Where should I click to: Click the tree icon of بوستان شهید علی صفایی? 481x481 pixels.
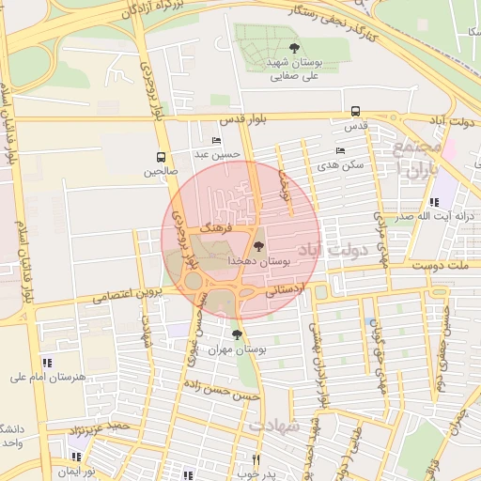pos(294,47)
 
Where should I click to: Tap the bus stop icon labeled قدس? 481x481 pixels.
pos(355,111)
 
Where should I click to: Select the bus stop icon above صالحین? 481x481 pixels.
pos(161,157)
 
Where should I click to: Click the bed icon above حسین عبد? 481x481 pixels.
pos(217,140)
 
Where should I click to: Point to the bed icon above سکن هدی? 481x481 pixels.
pos(340,150)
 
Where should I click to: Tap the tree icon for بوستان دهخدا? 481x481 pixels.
pos(259,246)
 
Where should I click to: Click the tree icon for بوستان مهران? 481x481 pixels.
pos(236,334)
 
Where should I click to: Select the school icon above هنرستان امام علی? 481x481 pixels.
pos(47,363)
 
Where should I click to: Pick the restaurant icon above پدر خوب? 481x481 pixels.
pos(256,459)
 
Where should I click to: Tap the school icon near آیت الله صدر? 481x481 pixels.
pos(433,202)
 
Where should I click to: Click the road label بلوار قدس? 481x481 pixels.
pos(245,121)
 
